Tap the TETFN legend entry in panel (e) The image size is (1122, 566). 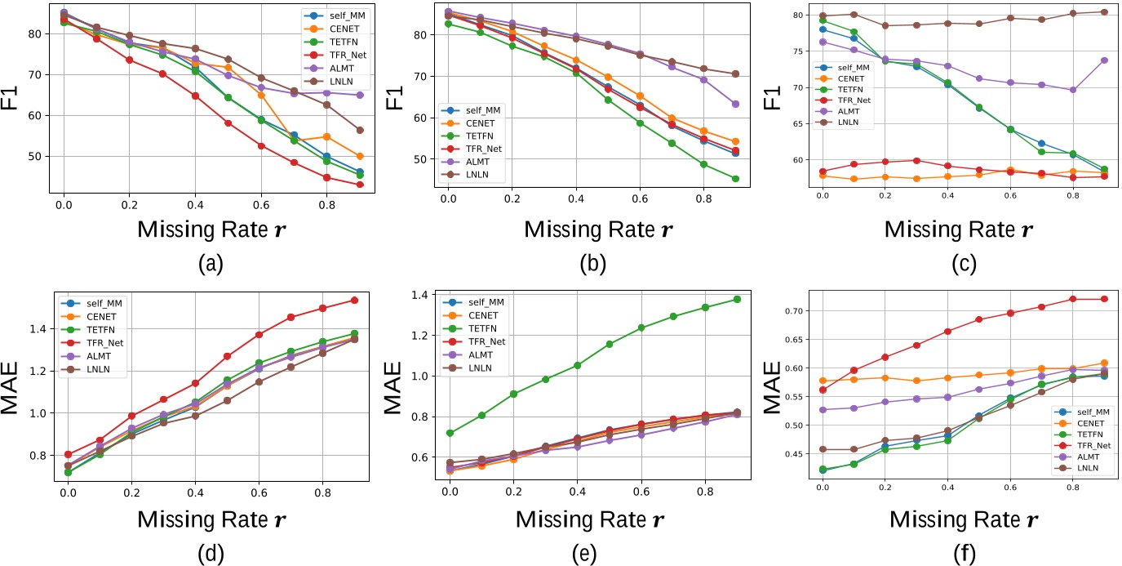click(x=487, y=330)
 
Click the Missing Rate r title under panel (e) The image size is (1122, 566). click(x=583, y=519)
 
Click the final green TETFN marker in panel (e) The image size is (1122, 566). click(x=736, y=299)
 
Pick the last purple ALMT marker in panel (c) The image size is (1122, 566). click(x=1103, y=60)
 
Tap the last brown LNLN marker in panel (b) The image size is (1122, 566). click(x=736, y=74)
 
